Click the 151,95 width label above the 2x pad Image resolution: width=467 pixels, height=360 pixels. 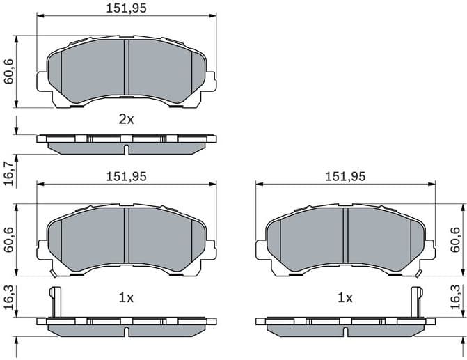point(126,8)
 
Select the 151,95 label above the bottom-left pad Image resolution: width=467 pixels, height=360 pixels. point(126,176)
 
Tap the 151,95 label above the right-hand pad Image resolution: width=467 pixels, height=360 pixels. point(345,176)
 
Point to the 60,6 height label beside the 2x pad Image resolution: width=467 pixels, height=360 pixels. point(9,72)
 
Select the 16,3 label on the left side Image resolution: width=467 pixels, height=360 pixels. point(9,297)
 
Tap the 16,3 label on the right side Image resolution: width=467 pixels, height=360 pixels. point(455,297)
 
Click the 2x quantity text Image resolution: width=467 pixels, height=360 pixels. point(126,119)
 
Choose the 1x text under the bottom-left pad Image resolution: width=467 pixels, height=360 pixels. point(126,297)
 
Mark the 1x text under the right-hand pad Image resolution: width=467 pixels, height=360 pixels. point(345,297)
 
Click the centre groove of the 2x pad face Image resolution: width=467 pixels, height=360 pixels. point(126,70)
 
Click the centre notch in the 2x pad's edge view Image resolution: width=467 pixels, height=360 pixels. point(126,150)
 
